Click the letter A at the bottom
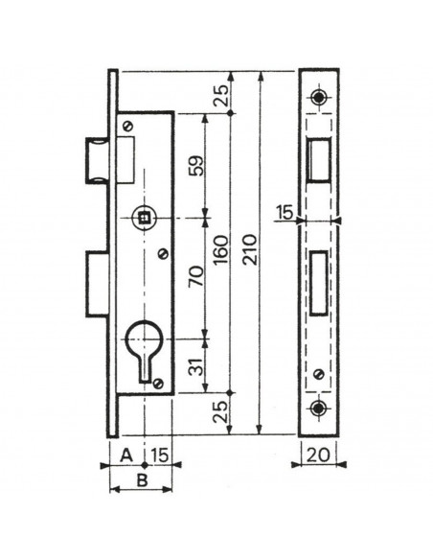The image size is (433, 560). click(125, 455)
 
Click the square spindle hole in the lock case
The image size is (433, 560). click(143, 220)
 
